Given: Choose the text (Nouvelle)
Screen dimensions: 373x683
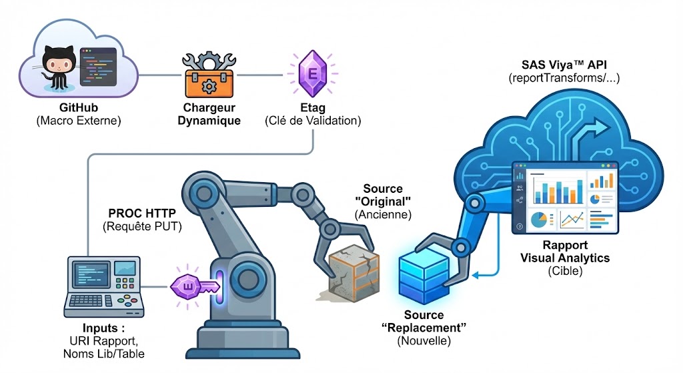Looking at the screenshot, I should point(424,340).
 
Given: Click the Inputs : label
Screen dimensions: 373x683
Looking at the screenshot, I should point(104,329).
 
